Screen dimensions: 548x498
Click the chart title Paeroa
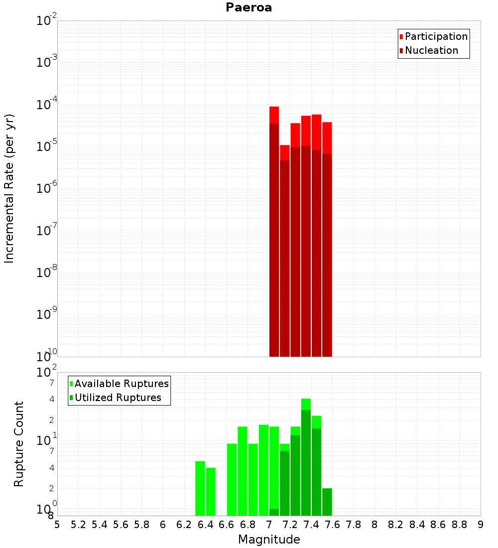click(249, 7)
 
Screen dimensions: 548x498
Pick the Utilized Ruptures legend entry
click(118, 398)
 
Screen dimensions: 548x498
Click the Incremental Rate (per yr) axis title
click(9, 188)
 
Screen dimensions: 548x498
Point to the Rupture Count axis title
click(19, 444)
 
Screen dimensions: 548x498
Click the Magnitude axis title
click(269, 540)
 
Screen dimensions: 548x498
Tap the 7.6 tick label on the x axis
click(332, 525)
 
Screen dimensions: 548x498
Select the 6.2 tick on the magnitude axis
click(184, 525)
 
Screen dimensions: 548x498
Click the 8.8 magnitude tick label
click(459, 525)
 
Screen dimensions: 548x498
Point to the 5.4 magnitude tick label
click(100, 525)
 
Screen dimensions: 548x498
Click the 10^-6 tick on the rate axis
click(47, 188)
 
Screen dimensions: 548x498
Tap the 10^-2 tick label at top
click(47, 21)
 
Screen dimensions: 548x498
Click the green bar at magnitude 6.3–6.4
click(200, 488)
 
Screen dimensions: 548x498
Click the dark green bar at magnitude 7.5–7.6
click(327, 502)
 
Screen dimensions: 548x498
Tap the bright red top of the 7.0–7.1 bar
click(274, 115)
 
